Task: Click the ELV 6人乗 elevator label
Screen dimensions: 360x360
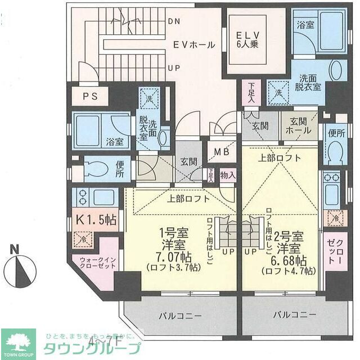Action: (247, 40)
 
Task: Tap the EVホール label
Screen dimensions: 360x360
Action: (193, 44)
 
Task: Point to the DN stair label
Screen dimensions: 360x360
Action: (174, 21)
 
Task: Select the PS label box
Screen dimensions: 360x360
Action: (91, 96)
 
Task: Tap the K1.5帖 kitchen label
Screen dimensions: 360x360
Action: (94, 220)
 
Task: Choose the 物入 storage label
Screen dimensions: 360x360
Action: (227, 175)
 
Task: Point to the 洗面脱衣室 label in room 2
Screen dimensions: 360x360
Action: (309, 83)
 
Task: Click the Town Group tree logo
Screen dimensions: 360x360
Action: (17, 342)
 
